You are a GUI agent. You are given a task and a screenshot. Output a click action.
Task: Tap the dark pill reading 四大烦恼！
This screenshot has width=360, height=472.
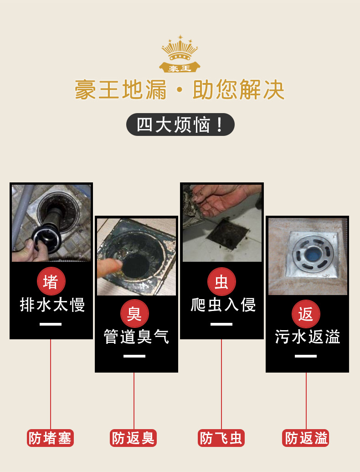[x=180, y=124]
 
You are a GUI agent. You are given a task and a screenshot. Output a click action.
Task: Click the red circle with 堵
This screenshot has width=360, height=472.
[x=51, y=281]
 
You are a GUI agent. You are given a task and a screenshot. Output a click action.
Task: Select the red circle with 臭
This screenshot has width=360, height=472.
[x=134, y=313]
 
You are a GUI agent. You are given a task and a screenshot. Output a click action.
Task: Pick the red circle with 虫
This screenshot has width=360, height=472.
[x=221, y=281]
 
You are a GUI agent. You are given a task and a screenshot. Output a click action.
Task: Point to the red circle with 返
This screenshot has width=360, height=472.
[x=306, y=314]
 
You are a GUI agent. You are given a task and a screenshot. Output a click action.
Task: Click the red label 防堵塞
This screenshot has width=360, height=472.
[x=50, y=438]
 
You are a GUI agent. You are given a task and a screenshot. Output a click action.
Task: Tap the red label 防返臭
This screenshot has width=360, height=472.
[x=133, y=438]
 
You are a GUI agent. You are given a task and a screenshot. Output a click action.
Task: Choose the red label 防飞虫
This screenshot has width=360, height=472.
[x=221, y=438]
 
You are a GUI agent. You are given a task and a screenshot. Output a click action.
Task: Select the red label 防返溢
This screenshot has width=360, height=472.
[x=306, y=438]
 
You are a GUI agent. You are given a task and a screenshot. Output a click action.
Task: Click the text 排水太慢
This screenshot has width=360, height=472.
[x=52, y=305]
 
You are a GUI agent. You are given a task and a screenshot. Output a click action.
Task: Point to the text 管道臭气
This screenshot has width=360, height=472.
[x=136, y=337]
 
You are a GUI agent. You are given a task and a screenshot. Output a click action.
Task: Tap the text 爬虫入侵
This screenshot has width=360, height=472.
[x=223, y=305]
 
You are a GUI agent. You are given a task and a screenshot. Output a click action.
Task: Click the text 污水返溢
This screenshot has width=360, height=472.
[x=308, y=337]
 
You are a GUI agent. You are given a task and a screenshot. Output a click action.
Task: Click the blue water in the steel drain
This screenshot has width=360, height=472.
[x=313, y=253]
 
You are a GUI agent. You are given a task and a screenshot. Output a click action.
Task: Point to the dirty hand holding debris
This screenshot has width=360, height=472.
[x=221, y=199]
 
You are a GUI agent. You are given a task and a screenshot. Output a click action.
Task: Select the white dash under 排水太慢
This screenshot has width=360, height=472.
[x=51, y=324]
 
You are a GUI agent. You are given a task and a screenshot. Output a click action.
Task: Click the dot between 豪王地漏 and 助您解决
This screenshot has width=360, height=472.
[x=180, y=89]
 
